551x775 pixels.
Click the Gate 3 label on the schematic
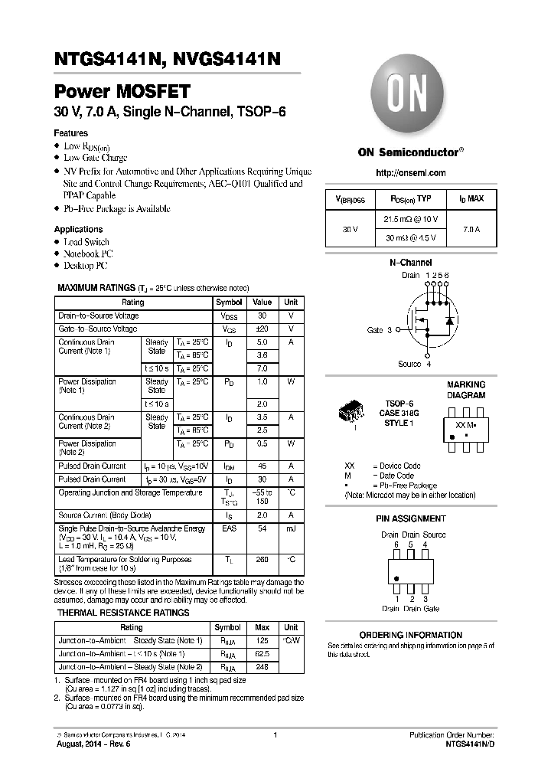coord(380,330)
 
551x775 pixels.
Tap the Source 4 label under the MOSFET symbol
coord(414,364)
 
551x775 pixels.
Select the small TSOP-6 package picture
coord(351,414)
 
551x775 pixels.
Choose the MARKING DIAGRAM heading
coord(466,390)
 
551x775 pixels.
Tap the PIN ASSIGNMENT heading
coord(411,518)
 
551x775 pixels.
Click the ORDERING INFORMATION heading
coord(411,635)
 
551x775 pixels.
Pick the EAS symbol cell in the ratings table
coord(229,528)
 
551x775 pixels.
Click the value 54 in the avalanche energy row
coord(262,528)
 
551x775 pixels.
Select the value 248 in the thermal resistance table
coord(262,667)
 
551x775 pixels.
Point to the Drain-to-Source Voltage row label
coord(99,316)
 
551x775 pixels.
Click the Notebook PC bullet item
coord(88,253)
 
